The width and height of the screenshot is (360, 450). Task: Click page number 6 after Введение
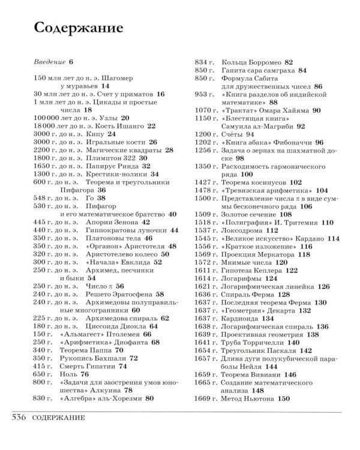(70, 62)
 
